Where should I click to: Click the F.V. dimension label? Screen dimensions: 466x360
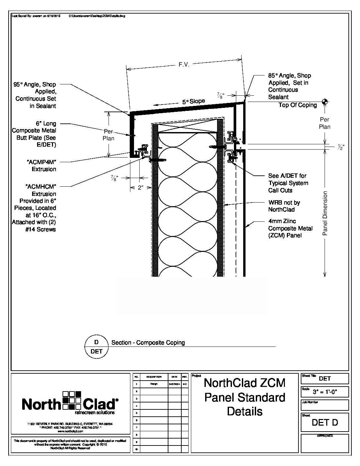tap(184, 65)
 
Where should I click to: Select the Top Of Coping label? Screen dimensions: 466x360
tap(297, 105)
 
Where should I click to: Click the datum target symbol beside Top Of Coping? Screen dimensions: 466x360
tap(325, 102)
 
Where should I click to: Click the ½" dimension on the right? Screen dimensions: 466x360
tap(340, 147)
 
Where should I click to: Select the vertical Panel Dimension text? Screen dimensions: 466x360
tap(325, 213)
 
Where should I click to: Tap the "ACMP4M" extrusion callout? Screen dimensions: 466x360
tap(41, 165)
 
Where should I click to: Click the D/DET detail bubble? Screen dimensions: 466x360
tap(96, 347)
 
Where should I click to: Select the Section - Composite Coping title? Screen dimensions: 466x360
tap(148, 343)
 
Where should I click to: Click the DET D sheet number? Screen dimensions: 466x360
tap(325, 423)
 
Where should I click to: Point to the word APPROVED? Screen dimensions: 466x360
tap(325, 436)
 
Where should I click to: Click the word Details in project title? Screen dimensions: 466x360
tap(245, 411)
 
